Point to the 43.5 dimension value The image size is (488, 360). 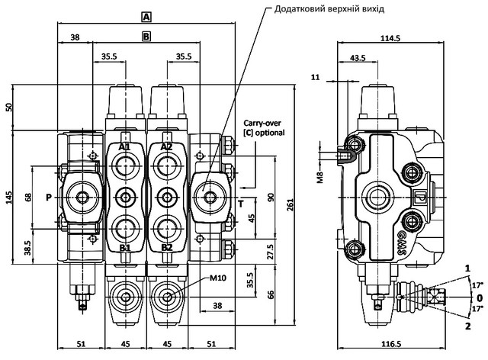[357, 57]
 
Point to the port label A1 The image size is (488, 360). [125, 146]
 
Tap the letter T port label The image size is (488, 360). [240, 204]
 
